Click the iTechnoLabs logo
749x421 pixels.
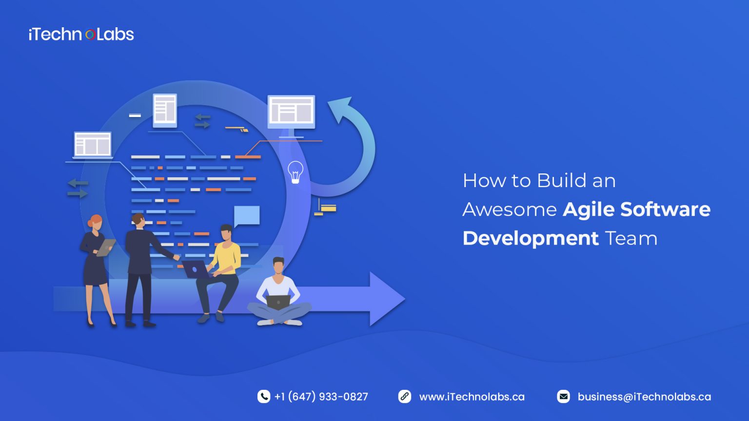coord(81,34)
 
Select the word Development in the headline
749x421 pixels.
coord(530,238)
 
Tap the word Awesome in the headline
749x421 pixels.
coord(509,210)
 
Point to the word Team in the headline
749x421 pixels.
coord(631,239)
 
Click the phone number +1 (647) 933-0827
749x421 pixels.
coord(321,397)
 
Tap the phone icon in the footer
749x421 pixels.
coord(264,397)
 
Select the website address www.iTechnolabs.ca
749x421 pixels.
coord(472,397)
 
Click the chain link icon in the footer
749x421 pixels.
coord(405,397)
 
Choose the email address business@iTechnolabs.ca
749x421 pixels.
coord(644,397)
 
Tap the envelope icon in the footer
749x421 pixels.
coord(563,397)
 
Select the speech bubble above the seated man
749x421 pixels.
coord(246,215)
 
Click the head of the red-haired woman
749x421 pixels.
coord(96,223)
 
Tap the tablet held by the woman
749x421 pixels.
coord(106,247)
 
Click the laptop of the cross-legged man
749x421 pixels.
coord(278,302)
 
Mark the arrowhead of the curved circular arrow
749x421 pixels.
coord(341,108)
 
